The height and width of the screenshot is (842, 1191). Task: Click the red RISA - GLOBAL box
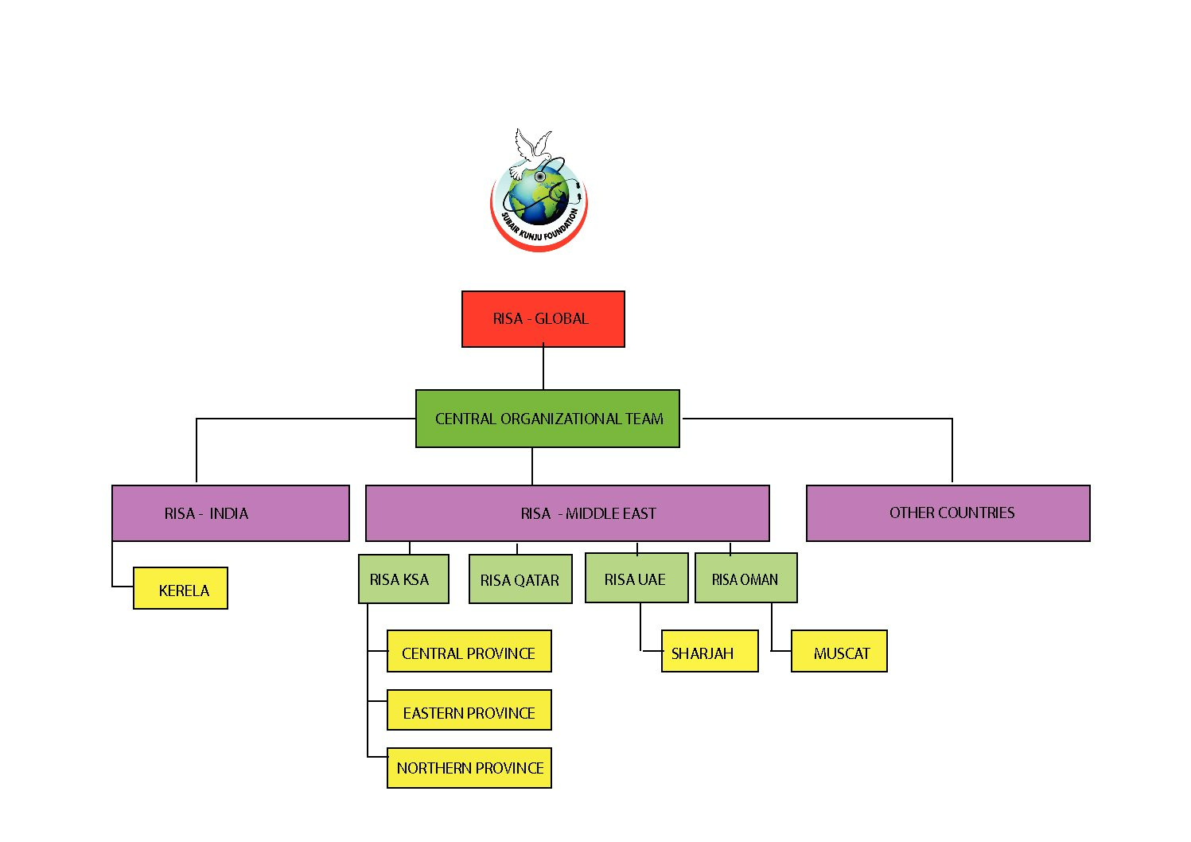(543, 319)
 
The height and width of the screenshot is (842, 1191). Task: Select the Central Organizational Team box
(547, 419)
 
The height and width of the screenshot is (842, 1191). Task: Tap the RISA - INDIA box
(231, 513)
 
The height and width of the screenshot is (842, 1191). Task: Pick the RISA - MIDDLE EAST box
(567, 513)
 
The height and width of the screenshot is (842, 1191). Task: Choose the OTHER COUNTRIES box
(948, 513)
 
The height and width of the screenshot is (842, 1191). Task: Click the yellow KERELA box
(181, 588)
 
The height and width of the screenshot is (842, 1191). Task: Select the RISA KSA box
(403, 579)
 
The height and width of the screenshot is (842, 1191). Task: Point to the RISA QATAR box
(520, 579)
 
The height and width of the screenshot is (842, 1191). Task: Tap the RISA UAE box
(636, 578)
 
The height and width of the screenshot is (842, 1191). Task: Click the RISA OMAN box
(746, 578)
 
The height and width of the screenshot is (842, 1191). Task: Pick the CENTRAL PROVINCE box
(469, 651)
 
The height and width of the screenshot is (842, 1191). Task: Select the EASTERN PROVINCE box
(469, 710)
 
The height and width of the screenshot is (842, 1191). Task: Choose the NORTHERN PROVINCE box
(469, 768)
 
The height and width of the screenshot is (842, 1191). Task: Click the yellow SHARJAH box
(710, 651)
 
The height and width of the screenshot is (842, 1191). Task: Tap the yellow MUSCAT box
(839, 651)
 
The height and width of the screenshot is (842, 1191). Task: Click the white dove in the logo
(531, 151)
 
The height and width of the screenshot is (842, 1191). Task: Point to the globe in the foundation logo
(538, 196)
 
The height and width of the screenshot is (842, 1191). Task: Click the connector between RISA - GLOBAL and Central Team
(543, 368)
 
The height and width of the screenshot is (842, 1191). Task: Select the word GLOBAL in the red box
(562, 318)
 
